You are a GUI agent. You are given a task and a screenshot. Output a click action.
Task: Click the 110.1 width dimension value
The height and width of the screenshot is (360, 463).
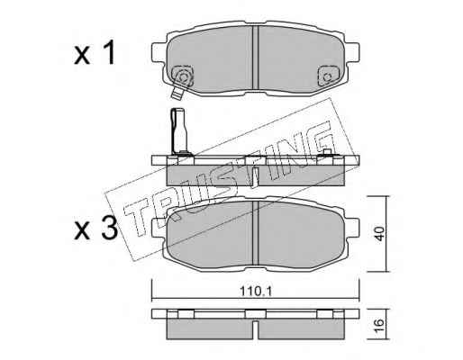point(256,291)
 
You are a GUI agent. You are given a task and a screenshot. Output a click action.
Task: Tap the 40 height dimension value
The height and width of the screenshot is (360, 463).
point(379,234)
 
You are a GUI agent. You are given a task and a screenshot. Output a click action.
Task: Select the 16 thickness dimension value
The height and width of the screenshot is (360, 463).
point(379,325)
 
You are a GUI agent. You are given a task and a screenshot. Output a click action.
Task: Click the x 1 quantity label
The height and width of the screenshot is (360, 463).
point(95,53)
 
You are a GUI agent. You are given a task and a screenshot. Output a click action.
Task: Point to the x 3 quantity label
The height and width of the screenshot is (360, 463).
point(95,229)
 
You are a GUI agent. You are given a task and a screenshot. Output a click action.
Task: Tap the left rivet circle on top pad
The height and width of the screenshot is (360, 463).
point(183,77)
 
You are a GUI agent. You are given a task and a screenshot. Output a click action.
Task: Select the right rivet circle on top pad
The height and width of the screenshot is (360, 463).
point(327,77)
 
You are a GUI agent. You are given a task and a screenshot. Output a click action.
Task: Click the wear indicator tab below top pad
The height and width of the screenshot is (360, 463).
point(177,93)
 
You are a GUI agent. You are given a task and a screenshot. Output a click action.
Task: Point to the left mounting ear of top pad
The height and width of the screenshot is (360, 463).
point(159,53)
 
